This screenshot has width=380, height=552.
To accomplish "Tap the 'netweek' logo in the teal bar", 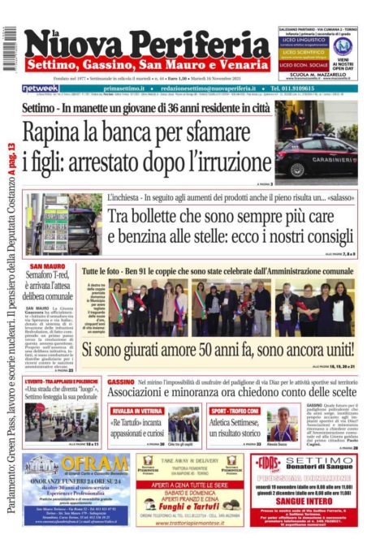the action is [40, 88].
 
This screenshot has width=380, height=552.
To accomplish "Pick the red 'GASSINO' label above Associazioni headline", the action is [121, 382].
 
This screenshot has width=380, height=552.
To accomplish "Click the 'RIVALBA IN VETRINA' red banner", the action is [136, 411].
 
